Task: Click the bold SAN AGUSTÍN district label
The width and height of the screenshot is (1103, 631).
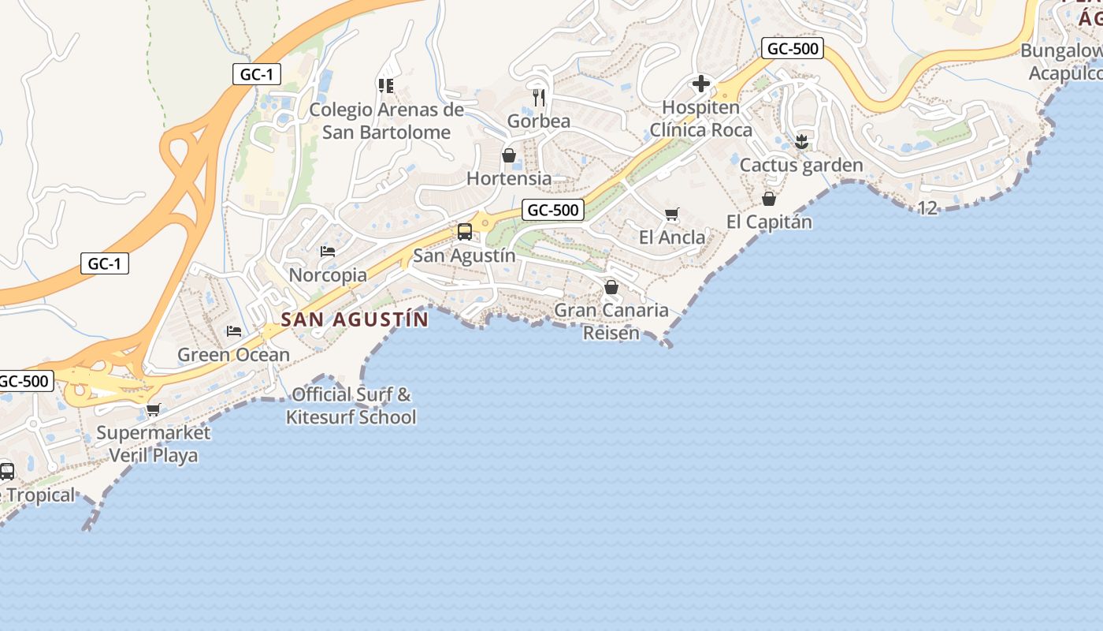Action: [355, 319]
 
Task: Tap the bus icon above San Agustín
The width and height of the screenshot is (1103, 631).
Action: [465, 232]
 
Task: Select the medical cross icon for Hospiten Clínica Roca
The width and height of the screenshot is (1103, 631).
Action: [700, 84]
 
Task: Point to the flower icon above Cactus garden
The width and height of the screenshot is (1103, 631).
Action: [802, 142]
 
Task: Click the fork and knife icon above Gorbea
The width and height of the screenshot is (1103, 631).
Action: [539, 97]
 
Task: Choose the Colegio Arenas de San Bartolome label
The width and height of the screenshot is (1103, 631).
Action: [386, 121]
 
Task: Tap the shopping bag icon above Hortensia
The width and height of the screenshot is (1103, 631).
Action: [509, 155]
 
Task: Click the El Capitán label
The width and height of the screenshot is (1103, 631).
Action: [769, 222]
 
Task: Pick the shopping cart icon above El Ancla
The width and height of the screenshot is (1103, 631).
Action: [672, 214]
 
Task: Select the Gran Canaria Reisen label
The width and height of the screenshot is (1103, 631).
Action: [611, 321]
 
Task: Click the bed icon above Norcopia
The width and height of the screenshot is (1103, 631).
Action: [328, 252]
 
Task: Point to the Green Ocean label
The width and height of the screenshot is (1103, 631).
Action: [233, 355]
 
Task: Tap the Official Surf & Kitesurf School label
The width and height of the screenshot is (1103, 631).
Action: [351, 405]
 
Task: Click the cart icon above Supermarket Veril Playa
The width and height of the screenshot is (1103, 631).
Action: [154, 409]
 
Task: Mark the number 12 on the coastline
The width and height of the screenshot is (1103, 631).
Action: [928, 207]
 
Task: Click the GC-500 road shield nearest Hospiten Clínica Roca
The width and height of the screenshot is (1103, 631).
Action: [793, 49]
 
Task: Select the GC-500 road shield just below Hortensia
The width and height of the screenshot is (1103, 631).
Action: [553, 210]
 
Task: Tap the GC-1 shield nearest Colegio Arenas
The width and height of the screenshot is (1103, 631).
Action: [257, 75]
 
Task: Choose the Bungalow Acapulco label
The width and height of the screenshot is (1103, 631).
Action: [1064, 62]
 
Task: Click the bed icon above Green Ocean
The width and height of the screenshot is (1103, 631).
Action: [234, 330]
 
